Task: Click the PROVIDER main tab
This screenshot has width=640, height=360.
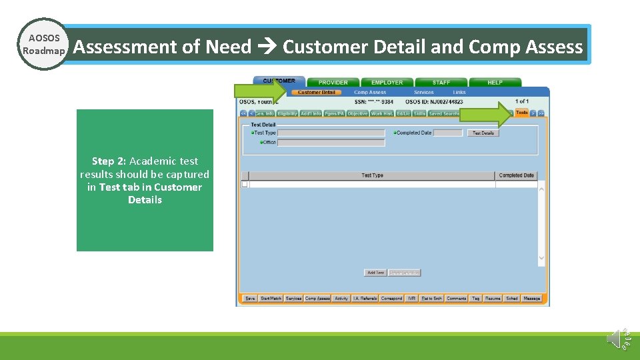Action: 333,83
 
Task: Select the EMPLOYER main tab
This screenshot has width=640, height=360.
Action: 387,83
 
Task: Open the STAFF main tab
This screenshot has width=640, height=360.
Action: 441,83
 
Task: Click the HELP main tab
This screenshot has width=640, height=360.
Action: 495,83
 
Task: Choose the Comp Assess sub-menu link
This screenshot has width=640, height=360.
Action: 370,93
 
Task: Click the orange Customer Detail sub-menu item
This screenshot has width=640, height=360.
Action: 317,93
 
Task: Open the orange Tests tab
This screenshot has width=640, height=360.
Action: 521,113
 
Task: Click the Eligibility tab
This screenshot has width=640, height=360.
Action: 287,114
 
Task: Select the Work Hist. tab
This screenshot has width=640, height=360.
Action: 381,114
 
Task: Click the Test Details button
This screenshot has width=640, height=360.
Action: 483,133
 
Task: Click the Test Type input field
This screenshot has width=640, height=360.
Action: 331,133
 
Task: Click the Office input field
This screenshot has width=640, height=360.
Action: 331,142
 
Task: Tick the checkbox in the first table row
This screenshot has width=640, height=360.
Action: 245,184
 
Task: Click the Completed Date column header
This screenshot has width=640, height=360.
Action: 516,175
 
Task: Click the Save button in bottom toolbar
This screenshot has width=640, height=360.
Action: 250,299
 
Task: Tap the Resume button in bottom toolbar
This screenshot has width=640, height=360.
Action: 493,299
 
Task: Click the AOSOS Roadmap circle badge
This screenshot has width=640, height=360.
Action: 43,45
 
